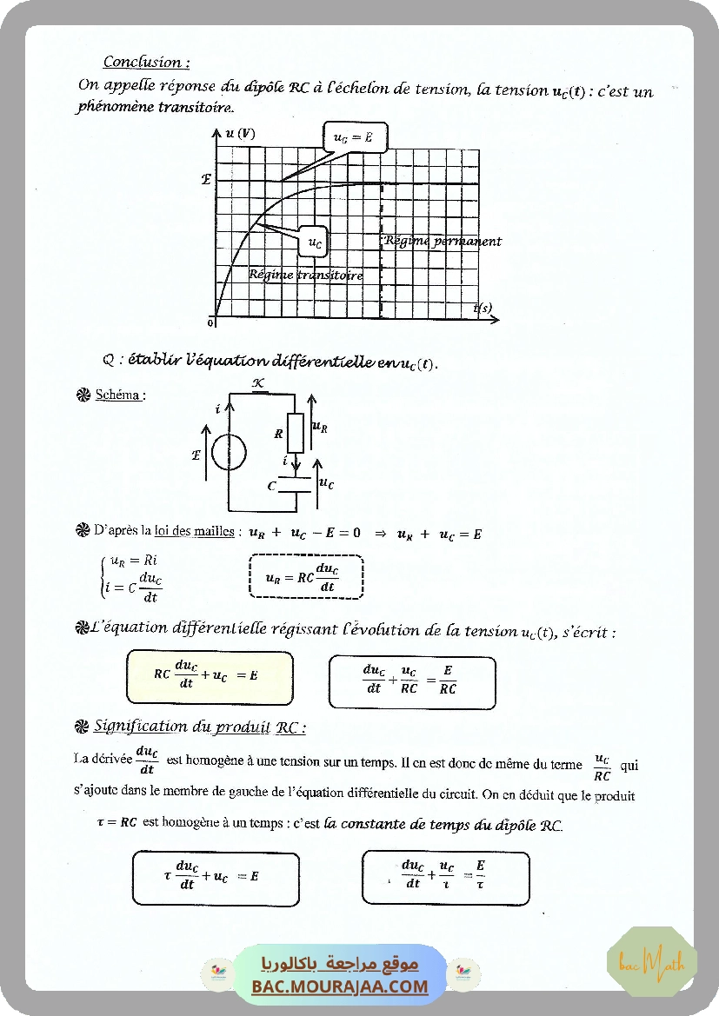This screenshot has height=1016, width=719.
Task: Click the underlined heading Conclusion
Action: click(146, 62)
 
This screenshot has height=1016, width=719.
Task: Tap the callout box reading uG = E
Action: click(355, 137)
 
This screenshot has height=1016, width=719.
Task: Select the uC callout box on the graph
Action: click(315, 243)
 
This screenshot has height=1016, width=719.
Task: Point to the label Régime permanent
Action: click(443, 242)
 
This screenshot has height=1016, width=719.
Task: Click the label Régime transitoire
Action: click(305, 275)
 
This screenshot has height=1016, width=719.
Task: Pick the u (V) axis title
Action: click(240, 133)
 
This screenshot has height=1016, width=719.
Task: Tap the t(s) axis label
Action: click(483, 309)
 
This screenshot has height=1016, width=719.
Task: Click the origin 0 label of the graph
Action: click(210, 322)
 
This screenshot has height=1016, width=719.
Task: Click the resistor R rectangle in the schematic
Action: click(296, 432)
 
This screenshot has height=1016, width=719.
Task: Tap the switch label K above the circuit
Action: click(257, 382)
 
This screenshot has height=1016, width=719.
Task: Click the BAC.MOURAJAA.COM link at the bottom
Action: click(340, 986)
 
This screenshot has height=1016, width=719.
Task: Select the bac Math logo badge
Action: click(652, 962)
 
